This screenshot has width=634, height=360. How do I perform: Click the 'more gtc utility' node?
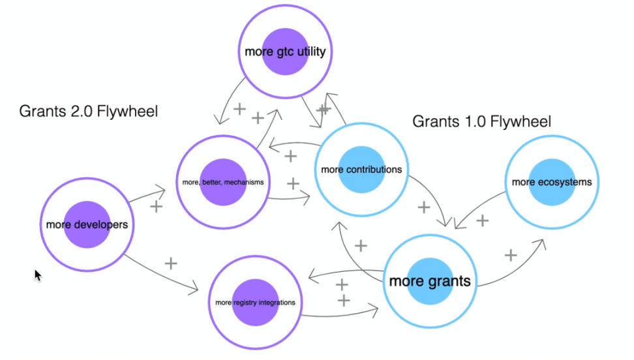(284, 51)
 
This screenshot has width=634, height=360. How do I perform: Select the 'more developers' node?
(86, 224)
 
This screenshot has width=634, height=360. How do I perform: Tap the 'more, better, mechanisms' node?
(223, 182)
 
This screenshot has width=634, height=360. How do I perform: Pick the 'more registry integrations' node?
(255, 302)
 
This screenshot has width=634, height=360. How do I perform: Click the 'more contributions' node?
(361, 170)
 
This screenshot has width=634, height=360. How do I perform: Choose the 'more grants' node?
(430, 281)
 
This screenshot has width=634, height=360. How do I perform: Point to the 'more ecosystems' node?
(552, 181)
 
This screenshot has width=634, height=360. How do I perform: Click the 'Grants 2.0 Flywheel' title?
(89, 111)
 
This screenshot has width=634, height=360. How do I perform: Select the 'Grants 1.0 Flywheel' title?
(482, 121)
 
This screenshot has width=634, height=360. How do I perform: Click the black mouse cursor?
(38, 275)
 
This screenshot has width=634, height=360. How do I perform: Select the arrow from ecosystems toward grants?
(479, 209)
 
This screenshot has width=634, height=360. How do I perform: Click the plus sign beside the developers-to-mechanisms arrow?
(157, 207)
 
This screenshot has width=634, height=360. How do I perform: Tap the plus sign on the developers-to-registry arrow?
(171, 263)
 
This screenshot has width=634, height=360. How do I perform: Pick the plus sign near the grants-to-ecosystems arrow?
(511, 255)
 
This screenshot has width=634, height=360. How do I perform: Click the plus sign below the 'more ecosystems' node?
(482, 220)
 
